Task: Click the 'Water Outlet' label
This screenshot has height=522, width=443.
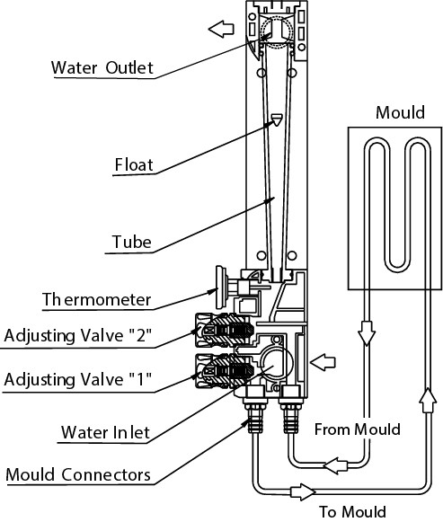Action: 102,67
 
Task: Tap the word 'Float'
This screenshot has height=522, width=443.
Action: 134,164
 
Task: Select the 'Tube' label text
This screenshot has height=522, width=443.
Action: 132,242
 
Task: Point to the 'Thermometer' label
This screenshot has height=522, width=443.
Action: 96,299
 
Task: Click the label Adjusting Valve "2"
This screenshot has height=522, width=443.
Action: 78,335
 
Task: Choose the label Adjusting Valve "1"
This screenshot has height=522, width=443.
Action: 78,379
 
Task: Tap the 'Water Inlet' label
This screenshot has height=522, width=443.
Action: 105,432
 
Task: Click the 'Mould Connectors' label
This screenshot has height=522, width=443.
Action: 78,474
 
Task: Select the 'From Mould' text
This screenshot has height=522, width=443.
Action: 357,429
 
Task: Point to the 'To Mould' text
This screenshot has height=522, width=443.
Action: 353,512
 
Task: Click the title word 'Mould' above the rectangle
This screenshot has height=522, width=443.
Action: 400,112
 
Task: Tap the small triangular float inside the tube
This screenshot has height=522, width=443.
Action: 277,119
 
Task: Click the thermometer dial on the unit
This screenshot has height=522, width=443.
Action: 220,287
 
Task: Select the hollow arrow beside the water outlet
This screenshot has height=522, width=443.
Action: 221,29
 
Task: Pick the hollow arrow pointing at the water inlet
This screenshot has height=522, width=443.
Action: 323,362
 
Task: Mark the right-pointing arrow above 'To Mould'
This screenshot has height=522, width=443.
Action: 303,491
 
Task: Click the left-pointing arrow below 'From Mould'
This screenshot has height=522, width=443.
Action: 336,465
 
